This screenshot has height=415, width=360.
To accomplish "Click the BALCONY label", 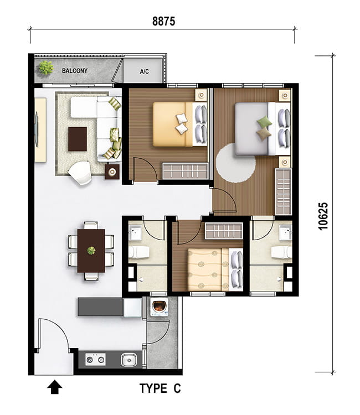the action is [x=75, y=71].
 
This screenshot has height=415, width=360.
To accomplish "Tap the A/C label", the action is [x=145, y=71].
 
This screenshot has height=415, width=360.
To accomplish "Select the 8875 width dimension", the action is [x=164, y=21].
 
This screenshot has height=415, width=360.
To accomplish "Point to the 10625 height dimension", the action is [x=323, y=216].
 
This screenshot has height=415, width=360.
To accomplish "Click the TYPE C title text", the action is [x=160, y=388].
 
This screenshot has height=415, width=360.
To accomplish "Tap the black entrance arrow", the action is [x=55, y=387].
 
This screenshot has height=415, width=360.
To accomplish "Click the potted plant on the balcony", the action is [x=47, y=68].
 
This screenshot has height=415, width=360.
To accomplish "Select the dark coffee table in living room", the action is [x=78, y=139].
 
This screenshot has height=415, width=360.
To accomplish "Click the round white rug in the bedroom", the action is [x=236, y=163].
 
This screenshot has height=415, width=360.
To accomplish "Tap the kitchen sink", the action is [x=129, y=360].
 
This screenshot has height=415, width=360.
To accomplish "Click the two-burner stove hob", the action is [x=95, y=360].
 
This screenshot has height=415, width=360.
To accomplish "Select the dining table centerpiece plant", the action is [x=91, y=250].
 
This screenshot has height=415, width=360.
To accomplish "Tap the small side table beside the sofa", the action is [x=112, y=172].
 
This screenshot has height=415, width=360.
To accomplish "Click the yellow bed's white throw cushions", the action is [x=182, y=123].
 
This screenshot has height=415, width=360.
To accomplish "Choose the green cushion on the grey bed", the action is [x=264, y=122].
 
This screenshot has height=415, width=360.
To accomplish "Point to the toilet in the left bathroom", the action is [x=139, y=252].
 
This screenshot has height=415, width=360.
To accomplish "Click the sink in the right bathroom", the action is [x=286, y=232].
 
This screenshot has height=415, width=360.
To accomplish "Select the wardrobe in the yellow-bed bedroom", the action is [x=185, y=171].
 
